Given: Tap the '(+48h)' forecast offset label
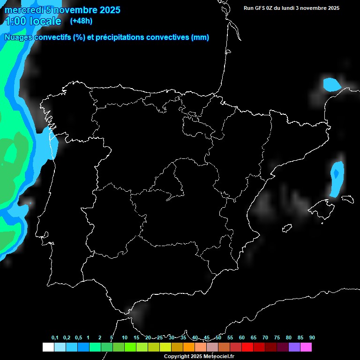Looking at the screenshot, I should (82, 21).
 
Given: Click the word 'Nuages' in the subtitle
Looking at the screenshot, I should (18, 37).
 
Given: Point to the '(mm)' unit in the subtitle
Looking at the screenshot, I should (200, 37).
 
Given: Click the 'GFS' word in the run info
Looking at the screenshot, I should (262, 8).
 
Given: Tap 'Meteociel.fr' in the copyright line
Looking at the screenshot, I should (217, 357).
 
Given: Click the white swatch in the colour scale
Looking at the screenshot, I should (48, 347).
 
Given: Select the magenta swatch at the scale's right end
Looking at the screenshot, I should (306, 347).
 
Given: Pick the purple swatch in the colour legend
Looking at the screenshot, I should (294, 347).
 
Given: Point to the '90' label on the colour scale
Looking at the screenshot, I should (312, 338).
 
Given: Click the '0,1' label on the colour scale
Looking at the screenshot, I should (55, 338).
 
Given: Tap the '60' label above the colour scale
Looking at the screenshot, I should (241, 338).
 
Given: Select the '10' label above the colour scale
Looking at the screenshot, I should (124, 338).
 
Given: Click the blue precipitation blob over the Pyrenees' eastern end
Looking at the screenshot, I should (331, 84).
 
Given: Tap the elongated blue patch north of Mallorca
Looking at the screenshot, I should (337, 179).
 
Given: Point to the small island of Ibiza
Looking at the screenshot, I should (287, 228).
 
